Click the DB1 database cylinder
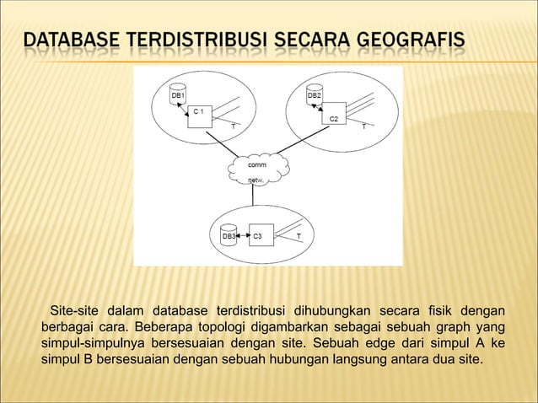pyautogui.click(x=178, y=94)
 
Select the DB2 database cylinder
pyautogui.click(x=313, y=94)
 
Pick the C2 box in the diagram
pyautogui.click(x=334, y=123)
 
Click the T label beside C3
pyautogui.click(x=298, y=235)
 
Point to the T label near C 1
pyautogui.click(x=233, y=127)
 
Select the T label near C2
pyautogui.click(x=363, y=127)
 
